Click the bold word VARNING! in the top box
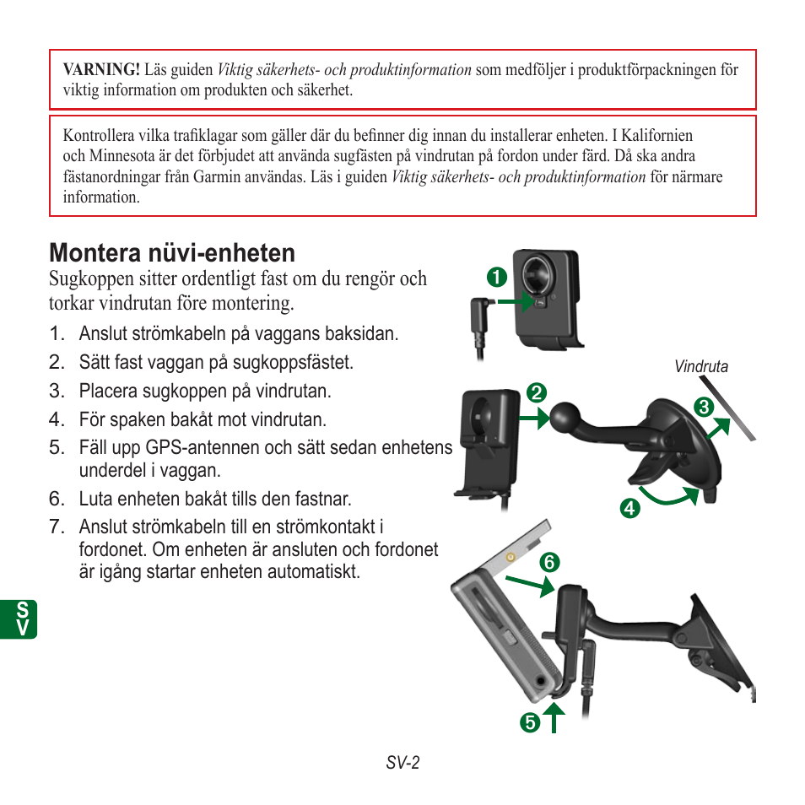tap(100, 70)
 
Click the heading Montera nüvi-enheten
tap(172, 252)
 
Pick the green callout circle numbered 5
tap(528, 722)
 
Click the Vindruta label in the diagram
tap(700, 367)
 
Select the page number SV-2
tap(402, 763)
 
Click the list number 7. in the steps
tap(57, 527)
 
